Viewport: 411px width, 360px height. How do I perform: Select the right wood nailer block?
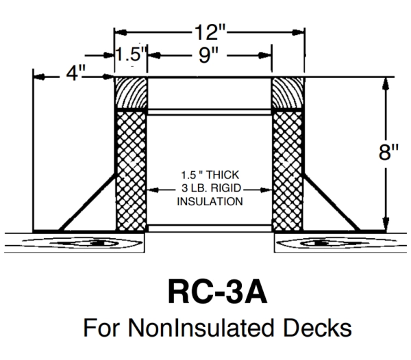click(287, 92)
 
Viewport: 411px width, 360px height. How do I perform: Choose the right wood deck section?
click(342, 243)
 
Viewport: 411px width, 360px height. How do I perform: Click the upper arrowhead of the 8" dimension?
click(387, 81)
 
